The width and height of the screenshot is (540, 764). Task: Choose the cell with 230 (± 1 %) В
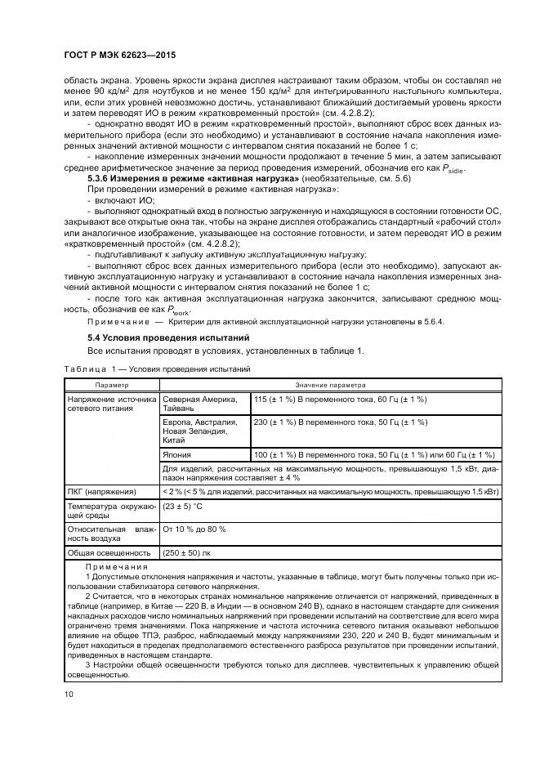click(339, 422)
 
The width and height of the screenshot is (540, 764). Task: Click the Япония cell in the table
click(177, 454)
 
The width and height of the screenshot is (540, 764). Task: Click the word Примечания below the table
click(117, 567)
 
